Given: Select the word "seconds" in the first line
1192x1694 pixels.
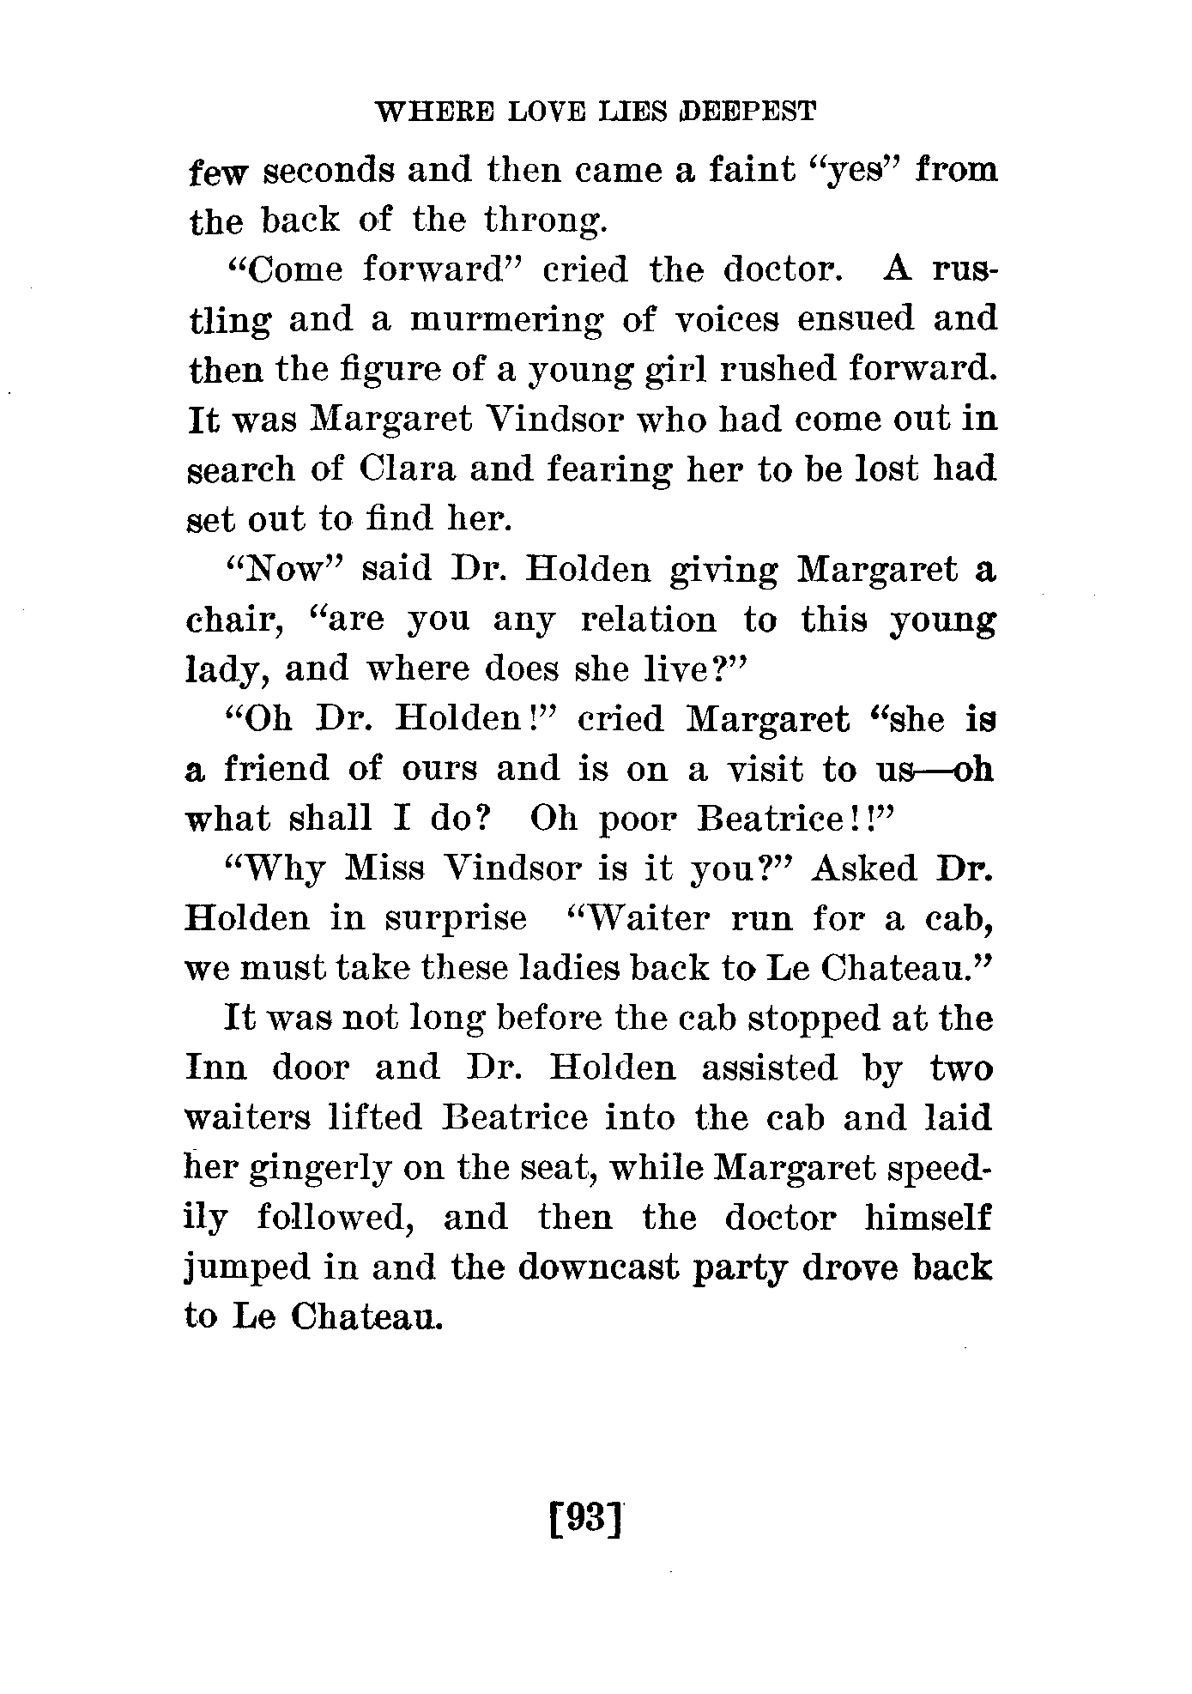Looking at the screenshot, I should tap(328, 172).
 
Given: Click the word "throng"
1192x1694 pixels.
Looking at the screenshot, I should tap(546, 221).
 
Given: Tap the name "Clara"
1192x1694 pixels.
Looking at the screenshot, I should tap(403, 469).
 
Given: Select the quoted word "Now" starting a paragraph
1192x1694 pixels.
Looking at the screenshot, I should tap(283, 569).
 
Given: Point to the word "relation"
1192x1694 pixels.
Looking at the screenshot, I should tap(648, 619).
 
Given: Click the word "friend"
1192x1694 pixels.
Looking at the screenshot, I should tap(276, 769).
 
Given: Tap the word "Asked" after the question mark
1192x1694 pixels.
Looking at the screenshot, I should tap(864, 868).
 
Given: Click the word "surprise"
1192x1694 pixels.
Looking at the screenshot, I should tap(455, 918).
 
